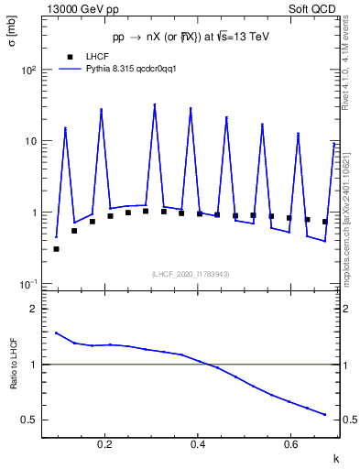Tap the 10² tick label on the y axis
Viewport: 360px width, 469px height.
tap(28, 71)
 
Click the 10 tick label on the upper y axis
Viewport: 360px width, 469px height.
tap(30, 141)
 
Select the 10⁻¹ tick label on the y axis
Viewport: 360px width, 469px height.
tap(28, 284)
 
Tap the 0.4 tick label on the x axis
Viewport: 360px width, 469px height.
tap(198, 445)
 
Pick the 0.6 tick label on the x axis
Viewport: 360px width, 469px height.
tap(289, 445)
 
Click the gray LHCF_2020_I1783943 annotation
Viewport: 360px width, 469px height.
tap(191, 274)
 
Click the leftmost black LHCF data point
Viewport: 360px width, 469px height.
tap(57, 248)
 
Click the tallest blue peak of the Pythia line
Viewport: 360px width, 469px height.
tap(155, 105)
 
